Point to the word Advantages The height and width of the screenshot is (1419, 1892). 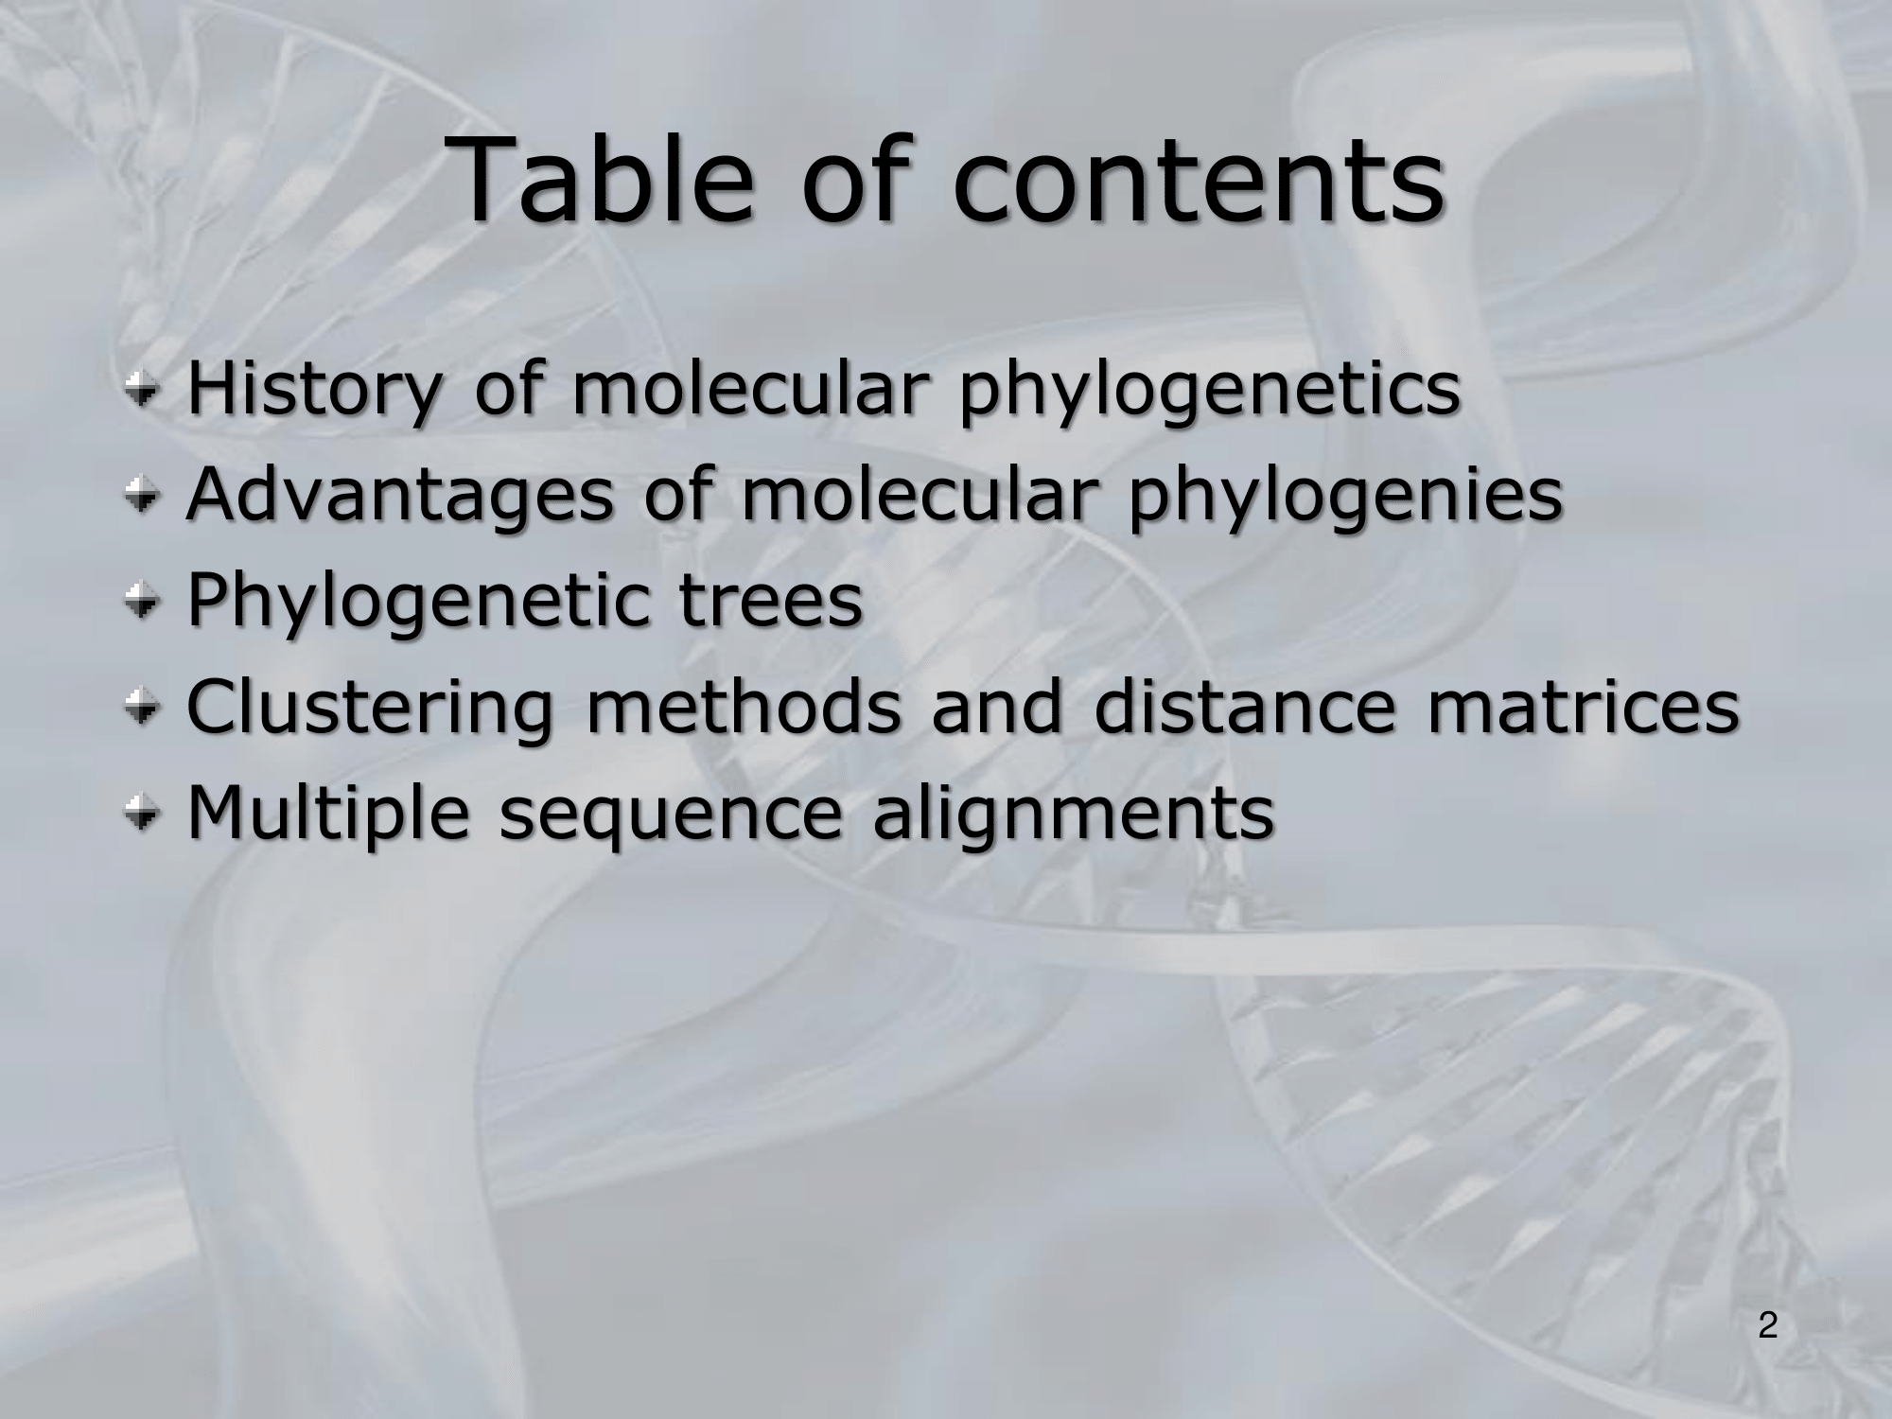coord(401,497)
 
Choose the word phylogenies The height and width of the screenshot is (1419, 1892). coord(1343,497)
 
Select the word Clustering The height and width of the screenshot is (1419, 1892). coord(370,709)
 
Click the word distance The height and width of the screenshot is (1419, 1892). coord(1244,708)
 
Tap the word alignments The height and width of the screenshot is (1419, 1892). coord(1073,815)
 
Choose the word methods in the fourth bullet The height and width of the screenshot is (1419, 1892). coord(743,708)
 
